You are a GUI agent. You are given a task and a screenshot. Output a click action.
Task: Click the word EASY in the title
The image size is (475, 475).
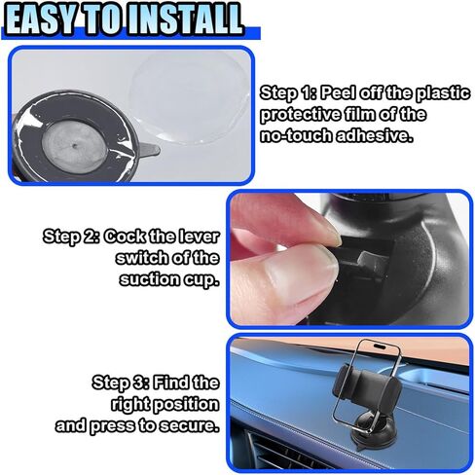pos(47,18)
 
